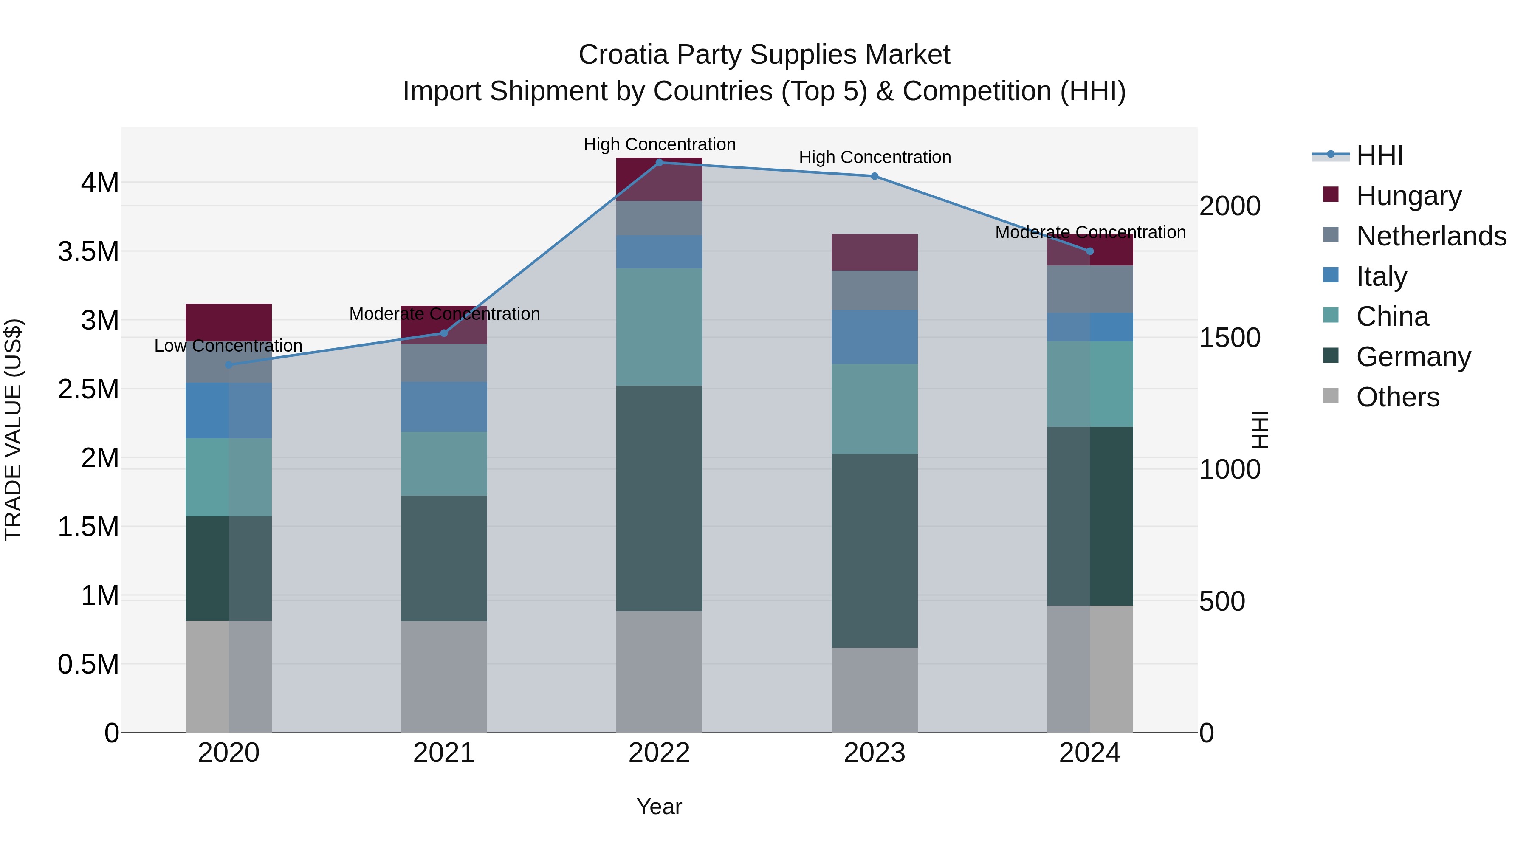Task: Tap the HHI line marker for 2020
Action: click(x=229, y=364)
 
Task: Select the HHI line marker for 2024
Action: click(x=1090, y=251)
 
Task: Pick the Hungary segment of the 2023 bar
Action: click(x=875, y=252)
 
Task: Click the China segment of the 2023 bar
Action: click(x=875, y=409)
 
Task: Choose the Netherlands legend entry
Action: click(x=1430, y=236)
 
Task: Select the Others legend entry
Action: click(x=1397, y=397)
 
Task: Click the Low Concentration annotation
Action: click(x=229, y=345)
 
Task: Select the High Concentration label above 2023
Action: click(x=875, y=157)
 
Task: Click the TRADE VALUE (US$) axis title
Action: click(x=13, y=430)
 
